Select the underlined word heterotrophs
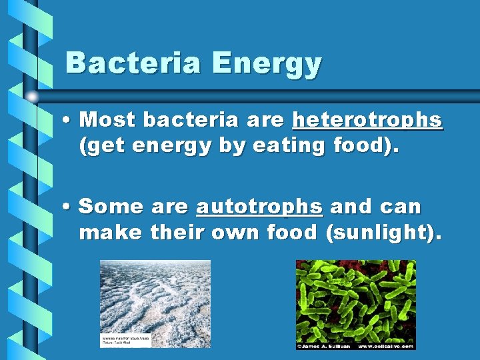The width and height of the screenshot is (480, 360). click(x=367, y=120)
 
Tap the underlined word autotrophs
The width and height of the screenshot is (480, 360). click(x=259, y=207)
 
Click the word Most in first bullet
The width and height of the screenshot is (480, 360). click(x=108, y=120)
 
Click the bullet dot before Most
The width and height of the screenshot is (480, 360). click(x=69, y=121)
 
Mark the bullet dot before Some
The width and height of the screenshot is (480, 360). click(x=69, y=207)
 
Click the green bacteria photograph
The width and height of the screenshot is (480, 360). click(x=355, y=300)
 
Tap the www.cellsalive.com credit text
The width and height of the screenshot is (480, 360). click(x=387, y=346)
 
